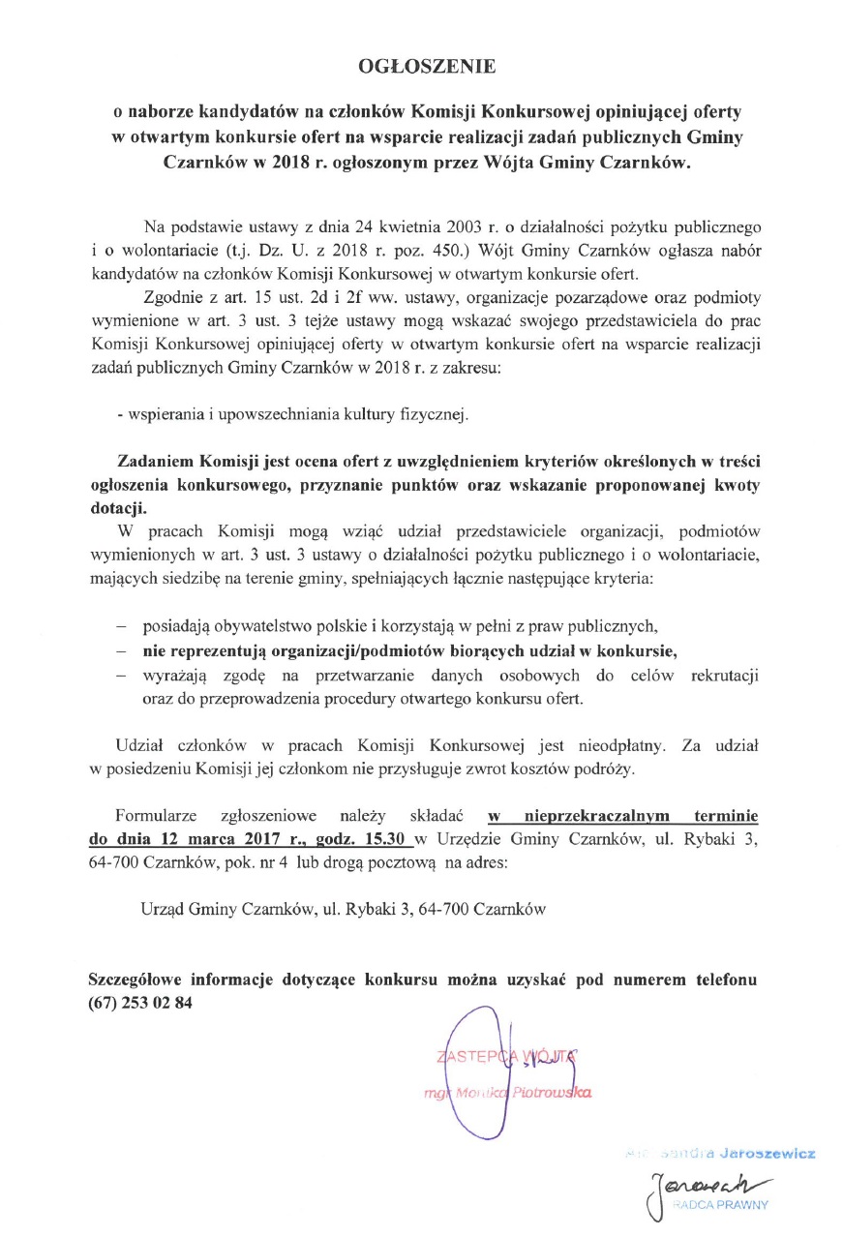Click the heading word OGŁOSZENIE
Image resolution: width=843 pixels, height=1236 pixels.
(426, 66)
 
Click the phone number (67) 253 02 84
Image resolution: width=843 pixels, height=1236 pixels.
(140, 1003)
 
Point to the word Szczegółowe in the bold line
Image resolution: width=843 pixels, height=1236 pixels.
(136, 980)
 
